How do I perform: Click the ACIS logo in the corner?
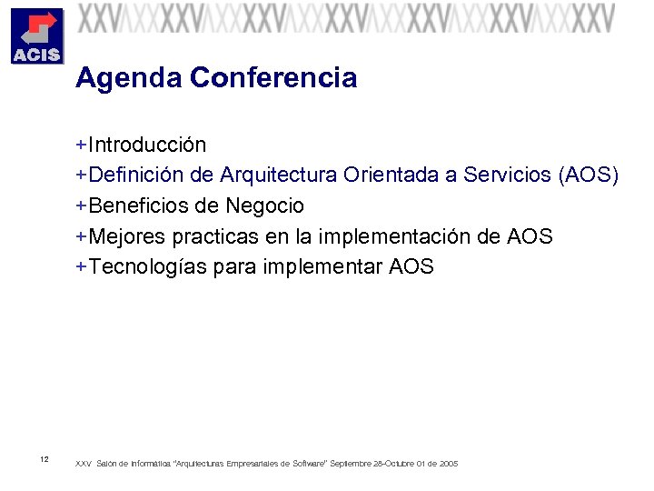click(36, 36)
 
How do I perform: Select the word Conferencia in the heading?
click(273, 79)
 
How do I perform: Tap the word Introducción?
click(147, 145)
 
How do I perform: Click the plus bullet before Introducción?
click(81, 145)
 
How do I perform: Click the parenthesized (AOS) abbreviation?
click(589, 175)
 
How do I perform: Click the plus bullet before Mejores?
click(81, 236)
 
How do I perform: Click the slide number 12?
click(45, 458)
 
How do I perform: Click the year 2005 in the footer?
click(449, 464)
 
